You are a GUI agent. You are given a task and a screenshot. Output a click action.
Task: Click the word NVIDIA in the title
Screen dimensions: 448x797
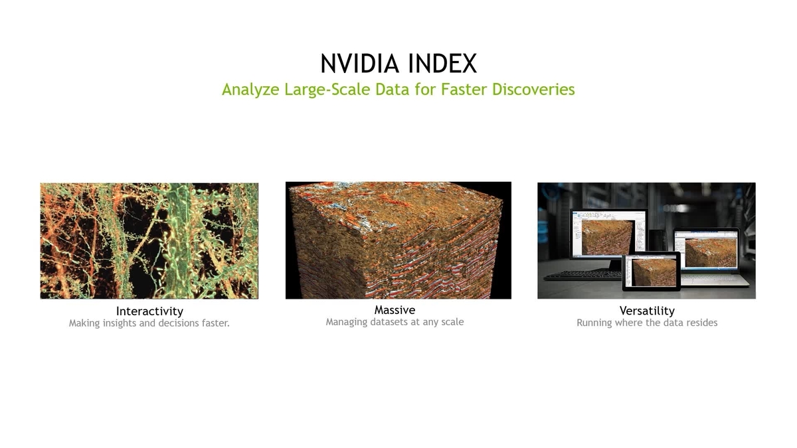point(361,64)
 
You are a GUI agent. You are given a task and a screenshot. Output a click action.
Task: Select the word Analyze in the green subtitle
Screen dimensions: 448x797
point(250,89)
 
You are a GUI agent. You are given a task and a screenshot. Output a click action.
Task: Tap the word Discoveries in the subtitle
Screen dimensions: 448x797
point(533,89)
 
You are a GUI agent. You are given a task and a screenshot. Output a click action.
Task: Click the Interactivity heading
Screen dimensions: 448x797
point(149,311)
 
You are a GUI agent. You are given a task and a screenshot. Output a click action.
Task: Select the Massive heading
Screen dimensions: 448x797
point(395,309)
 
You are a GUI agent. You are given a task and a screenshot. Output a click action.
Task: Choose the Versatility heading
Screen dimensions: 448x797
point(646,310)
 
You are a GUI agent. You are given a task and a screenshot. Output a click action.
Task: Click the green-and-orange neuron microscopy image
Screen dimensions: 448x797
point(149,240)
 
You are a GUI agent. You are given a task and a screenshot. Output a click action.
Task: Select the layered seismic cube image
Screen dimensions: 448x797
point(398,240)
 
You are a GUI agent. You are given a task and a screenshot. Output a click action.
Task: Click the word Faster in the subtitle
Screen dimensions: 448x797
point(462,89)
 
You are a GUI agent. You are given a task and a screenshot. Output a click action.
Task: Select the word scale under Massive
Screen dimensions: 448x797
point(450,322)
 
